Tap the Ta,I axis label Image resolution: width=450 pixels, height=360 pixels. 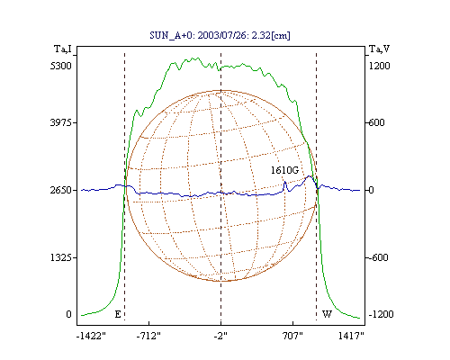[63, 49]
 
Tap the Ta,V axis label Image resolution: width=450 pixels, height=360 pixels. [379, 49]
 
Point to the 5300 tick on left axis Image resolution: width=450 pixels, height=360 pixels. [60, 66]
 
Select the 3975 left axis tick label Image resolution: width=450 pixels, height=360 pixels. [60, 122]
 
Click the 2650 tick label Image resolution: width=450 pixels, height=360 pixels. [60, 190]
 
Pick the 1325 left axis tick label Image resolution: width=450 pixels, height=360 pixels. [60, 257]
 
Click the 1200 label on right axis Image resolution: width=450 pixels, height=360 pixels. [379, 66]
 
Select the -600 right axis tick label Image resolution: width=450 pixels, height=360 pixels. [378, 257]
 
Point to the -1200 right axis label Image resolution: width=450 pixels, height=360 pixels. [381, 314]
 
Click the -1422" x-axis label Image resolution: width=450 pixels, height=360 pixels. [91, 337]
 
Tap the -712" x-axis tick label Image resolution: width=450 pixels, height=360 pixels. [148, 337]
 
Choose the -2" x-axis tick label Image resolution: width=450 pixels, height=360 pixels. [220, 337]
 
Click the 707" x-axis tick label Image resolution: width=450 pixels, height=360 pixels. [292, 337]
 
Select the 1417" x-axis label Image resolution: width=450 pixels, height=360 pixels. [351, 337]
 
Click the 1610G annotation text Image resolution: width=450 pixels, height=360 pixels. [284, 170]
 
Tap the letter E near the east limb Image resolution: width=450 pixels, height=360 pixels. [118, 314]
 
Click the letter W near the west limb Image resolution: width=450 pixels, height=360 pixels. [327, 314]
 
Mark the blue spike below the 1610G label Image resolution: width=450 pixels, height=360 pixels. [285, 186]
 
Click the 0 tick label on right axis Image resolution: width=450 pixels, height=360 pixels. [371, 190]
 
